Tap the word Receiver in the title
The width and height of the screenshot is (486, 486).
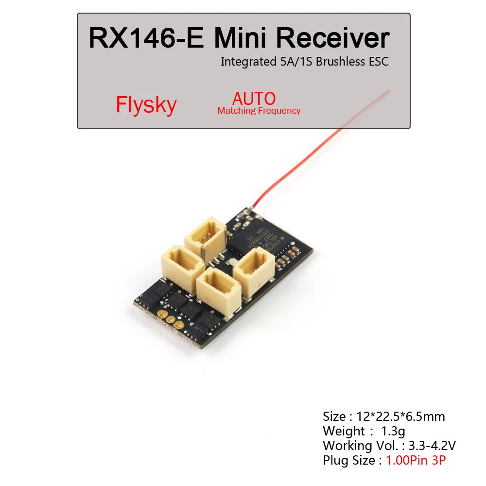click(x=335, y=38)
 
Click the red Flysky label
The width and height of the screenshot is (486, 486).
click(x=146, y=105)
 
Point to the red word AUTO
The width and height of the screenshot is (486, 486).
click(x=254, y=99)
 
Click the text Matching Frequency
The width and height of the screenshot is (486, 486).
click(x=259, y=111)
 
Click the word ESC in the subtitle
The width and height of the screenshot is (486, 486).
click(x=379, y=62)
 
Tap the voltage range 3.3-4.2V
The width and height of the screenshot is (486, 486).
click(x=431, y=446)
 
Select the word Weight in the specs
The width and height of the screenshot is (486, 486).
click(x=343, y=431)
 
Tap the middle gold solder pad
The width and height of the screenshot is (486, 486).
click(x=170, y=319)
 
